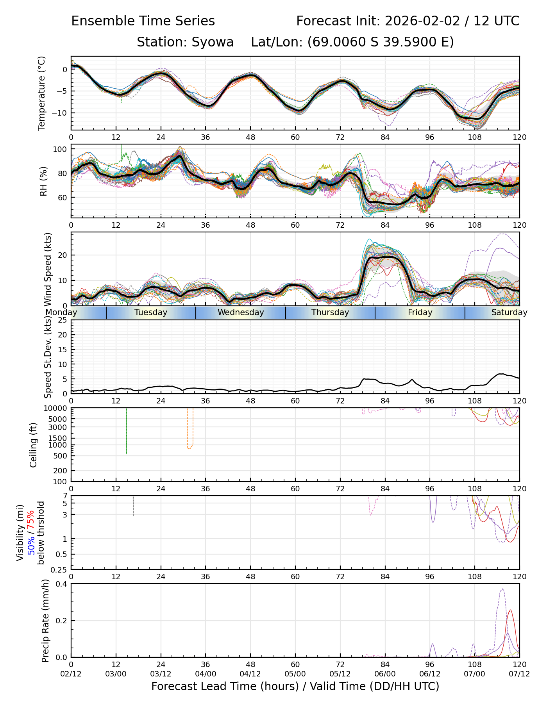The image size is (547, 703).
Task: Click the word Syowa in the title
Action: tap(213, 42)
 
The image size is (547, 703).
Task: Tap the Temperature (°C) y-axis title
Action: tap(42, 93)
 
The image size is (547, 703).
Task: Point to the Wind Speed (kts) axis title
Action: tap(48, 269)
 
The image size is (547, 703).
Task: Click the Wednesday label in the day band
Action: tap(241, 312)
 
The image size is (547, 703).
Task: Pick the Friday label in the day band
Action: tap(420, 312)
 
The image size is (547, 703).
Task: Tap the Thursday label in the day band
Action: tap(330, 312)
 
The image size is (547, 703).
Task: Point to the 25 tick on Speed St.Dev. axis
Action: tap(62, 320)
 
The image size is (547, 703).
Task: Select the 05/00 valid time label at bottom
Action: tap(295, 674)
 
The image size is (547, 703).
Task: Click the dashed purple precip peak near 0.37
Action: tap(502, 589)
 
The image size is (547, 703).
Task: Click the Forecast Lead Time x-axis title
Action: tap(295, 686)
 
